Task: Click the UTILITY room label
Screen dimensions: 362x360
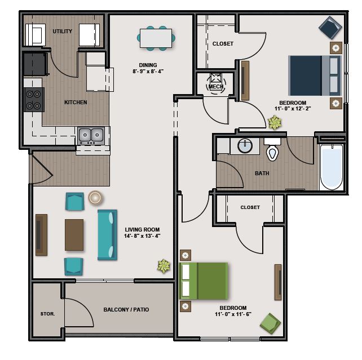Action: pyautogui.click(x=62, y=31)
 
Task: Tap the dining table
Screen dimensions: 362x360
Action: pyautogui.click(x=156, y=38)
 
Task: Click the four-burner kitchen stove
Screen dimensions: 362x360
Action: pyautogui.click(x=34, y=100)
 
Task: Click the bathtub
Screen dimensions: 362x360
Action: pyautogui.click(x=332, y=167)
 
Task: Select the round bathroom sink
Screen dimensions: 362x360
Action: pyautogui.click(x=245, y=146)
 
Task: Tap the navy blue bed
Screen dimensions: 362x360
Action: pyautogui.click(x=315, y=75)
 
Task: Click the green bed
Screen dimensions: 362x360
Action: pyautogui.click(x=204, y=281)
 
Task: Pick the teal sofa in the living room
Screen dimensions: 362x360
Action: pyautogui.click(x=107, y=235)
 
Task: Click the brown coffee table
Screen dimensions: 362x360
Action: pyautogui.click(x=74, y=235)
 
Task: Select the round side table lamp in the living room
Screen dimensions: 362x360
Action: pyautogui.click(x=95, y=198)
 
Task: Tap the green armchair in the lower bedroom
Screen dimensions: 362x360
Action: pyautogui.click(x=270, y=323)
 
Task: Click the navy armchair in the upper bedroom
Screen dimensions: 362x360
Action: pyautogui.click(x=330, y=28)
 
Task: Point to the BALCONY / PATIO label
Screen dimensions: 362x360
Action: pyautogui.click(x=126, y=309)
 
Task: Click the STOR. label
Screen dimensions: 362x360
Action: pyautogui.click(x=47, y=314)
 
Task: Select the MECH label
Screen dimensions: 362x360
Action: pyautogui.click(x=215, y=87)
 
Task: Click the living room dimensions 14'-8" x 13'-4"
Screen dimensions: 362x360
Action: pyautogui.click(x=142, y=236)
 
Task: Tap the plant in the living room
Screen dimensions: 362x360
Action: pyautogui.click(x=164, y=266)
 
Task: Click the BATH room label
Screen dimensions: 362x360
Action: pyautogui.click(x=262, y=173)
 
